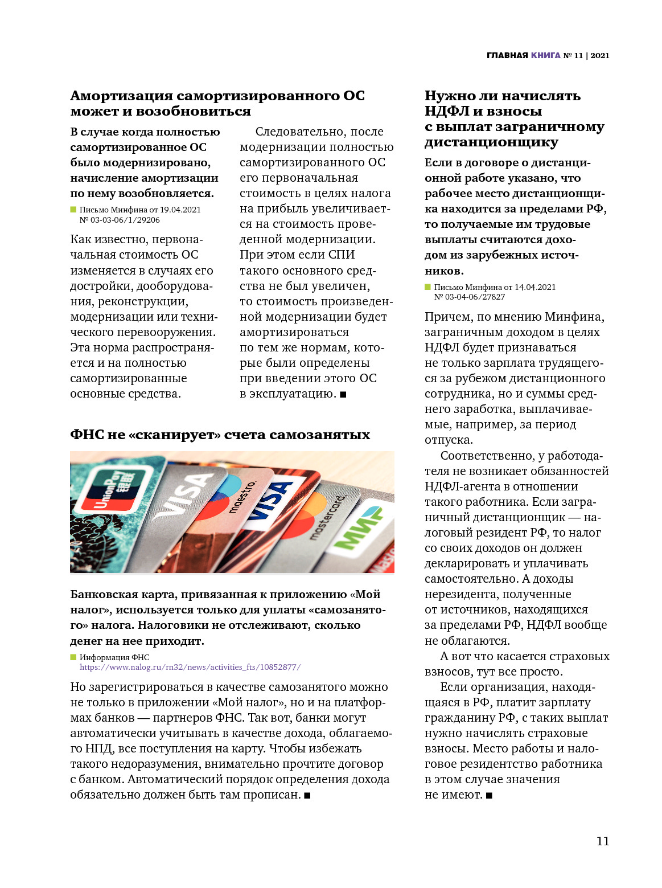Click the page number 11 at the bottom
(x=602, y=841)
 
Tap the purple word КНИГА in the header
(x=545, y=55)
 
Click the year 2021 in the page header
(x=600, y=55)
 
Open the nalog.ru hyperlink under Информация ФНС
(x=190, y=667)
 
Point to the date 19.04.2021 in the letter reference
(x=180, y=210)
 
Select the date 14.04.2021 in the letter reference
(x=534, y=287)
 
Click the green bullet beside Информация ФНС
(x=73, y=657)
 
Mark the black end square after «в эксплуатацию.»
(x=343, y=394)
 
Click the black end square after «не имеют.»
(x=489, y=795)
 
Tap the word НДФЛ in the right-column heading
(x=447, y=111)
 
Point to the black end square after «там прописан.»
(x=307, y=795)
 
